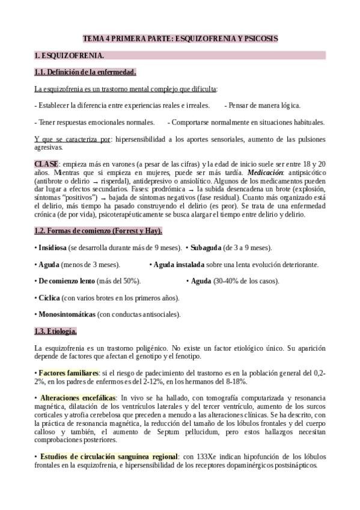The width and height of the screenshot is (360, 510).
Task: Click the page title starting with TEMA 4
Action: [180, 38]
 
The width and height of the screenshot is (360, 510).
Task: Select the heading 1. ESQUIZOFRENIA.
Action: [69, 56]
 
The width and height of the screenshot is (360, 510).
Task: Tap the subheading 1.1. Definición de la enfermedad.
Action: [85, 73]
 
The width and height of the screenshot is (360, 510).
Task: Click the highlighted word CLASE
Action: [46, 164]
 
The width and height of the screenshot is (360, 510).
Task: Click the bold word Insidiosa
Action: [53, 248]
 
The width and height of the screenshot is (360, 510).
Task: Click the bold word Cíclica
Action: [49, 298]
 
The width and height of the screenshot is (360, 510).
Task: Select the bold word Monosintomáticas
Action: [67, 314]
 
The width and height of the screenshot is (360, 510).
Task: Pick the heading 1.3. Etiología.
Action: [55, 331]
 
